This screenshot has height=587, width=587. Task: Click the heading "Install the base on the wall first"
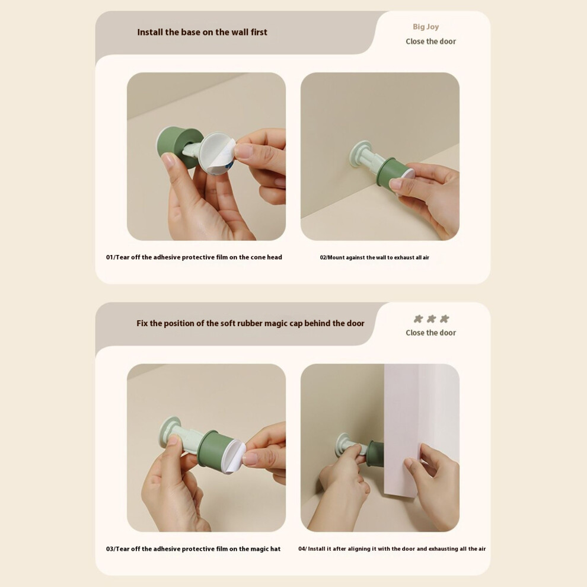pos(202,32)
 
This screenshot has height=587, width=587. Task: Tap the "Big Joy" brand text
pos(426,27)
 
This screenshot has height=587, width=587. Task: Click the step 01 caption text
pos(194,257)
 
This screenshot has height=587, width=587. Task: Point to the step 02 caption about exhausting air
pos(374,257)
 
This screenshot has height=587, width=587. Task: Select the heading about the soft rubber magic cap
pos(250,324)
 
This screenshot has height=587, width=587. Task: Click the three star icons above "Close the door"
pos(431,319)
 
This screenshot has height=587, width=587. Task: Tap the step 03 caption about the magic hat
pos(193,549)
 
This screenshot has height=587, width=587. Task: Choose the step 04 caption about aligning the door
pos(392,549)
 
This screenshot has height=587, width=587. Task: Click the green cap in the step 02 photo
pos(393,172)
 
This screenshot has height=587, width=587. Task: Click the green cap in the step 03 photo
pos(213,448)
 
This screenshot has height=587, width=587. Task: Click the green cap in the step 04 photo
pos(375,454)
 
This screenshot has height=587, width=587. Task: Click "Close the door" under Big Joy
pos(431,42)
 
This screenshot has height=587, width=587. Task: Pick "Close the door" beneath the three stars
pos(431,333)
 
